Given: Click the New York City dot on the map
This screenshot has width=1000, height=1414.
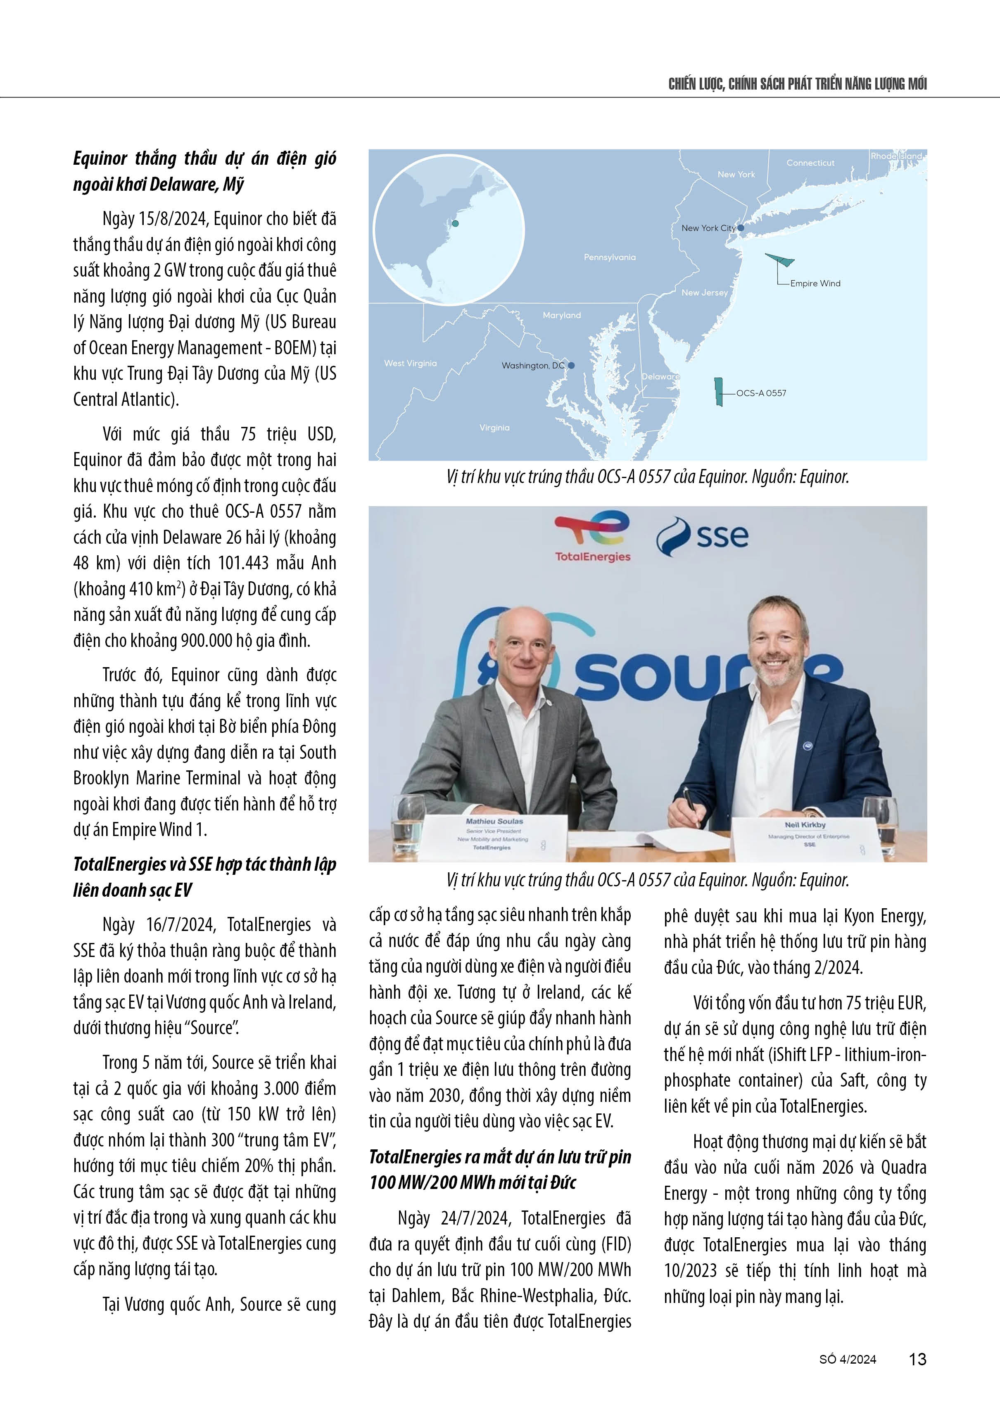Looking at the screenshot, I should pyautogui.click(x=741, y=228).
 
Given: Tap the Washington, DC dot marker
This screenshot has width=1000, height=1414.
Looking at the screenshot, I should pyautogui.click(x=571, y=365).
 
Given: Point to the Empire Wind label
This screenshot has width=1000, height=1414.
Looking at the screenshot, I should pyautogui.click(x=815, y=283).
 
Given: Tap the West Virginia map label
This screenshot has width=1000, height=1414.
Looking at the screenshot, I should pyautogui.click(x=410, y=363).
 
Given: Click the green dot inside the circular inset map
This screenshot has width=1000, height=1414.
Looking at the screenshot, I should pyautogui.click(x=455, y=223).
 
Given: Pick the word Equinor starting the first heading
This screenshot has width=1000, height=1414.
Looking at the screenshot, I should pyautogui.click(x=100, y=159).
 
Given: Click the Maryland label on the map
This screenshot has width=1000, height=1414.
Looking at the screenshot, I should pyautogui.click(x=561, y=315).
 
